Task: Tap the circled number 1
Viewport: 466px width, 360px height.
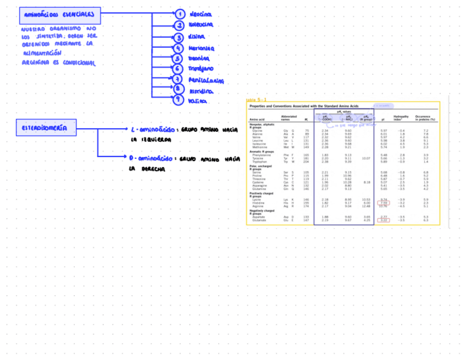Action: coord(179,14)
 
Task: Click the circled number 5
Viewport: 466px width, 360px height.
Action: coord(177,58)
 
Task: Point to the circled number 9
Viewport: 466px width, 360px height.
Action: coord(177,100)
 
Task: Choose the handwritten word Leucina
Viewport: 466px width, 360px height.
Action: coord(201,14)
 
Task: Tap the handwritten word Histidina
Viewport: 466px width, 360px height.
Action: coord(201,91)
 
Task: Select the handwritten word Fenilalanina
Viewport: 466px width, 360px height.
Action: coord(206,80)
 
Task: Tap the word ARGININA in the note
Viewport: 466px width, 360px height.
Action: coord(32,63)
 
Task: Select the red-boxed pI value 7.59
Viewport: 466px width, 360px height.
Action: coord(384,203)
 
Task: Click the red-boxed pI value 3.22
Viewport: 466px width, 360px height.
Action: coord(384,220)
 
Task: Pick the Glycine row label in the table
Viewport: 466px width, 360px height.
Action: coord(257,130)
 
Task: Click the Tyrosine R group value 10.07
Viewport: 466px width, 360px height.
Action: coord(366,158)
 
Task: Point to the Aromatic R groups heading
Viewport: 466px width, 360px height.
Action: coord(262,152)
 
